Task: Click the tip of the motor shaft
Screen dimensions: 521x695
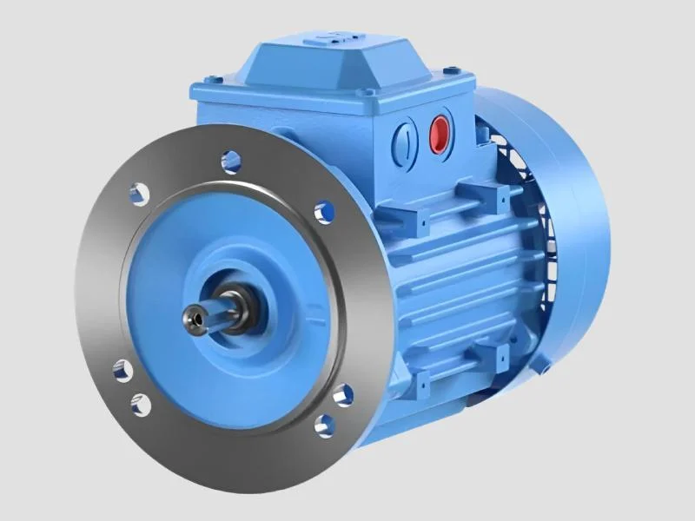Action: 192,319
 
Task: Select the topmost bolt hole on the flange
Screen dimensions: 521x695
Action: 230,159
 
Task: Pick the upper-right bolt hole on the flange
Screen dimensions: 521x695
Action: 324,211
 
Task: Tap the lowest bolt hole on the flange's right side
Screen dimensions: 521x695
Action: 325,425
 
